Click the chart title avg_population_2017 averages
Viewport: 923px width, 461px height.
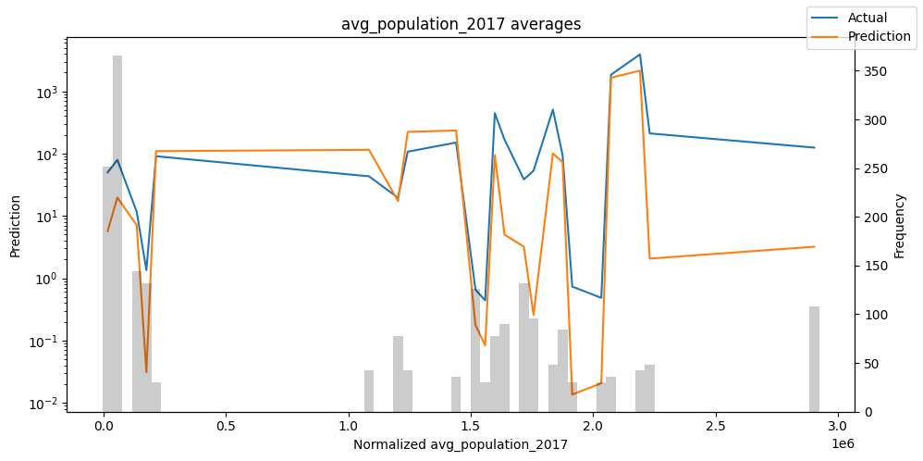[x=461, y=24]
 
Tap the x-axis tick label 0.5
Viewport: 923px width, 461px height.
[x=226, y=427]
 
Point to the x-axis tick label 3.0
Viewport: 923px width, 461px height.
[x=838, y=427]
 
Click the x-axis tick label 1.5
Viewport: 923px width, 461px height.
[x=471, y=427]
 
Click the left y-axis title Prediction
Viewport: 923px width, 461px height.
[x=15, y=225]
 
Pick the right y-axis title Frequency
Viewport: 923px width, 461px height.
[x=900, y=225]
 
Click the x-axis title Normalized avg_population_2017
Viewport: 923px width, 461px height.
[x=461, y=444]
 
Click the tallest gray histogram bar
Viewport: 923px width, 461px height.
[x=117, y=231]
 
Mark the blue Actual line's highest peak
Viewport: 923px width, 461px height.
[x=639, y=55]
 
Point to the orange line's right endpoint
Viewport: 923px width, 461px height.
[x=814, y=246]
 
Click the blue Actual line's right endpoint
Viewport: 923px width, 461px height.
[x=814, y=147]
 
